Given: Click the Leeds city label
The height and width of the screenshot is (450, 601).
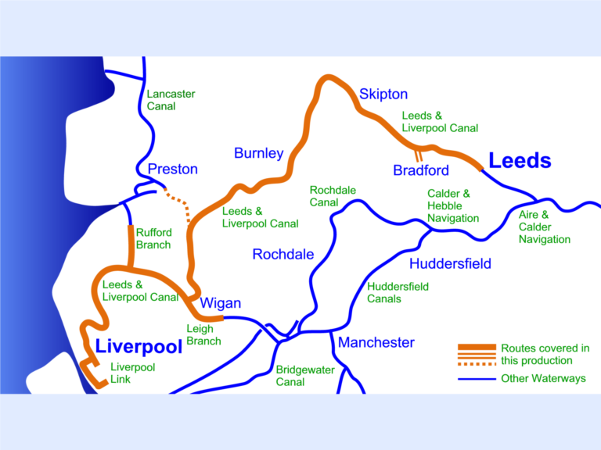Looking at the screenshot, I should pyautogui.click(x=520, y=161).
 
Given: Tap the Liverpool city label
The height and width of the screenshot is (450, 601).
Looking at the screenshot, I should pyautogui.click(x=138, y=346).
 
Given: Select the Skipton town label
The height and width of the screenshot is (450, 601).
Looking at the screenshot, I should pyautogui.click(x=383, y=95).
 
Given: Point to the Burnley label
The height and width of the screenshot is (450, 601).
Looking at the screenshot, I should pyautogui.click(x=258, y=153).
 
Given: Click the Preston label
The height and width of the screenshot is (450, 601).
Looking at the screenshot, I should pyautogui.click(x=172, y=169).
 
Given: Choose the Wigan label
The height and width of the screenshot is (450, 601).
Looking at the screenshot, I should pyautogui.click(x=221, y=303).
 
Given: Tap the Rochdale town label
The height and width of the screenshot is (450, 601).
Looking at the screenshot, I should pyautogui.click(x=283, y=254).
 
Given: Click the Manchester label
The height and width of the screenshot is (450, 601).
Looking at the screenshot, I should pyautogui.click(x=376, y=342).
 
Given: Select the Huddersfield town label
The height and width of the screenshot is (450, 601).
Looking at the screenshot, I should pyautogui.click(x=450, y=263).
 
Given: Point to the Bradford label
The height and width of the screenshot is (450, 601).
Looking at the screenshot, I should pyautogui.click(x=421, y=170).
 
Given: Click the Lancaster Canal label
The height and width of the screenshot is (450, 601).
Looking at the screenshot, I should pyautogui.click(x=171, y=100).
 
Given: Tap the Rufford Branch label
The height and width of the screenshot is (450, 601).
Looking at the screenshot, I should pyautogui.click(x=153, y=238).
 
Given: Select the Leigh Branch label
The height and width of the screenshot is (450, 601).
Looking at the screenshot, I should pyautogui.click(x=203, y=335).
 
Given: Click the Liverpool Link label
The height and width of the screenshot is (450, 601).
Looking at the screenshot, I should pyautogui.click(x=132, y=373).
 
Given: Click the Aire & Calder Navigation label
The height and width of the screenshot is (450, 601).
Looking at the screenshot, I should pyautogui.click(x=545, y=227).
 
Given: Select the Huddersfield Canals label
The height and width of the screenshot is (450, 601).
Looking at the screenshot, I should pyautogui.click(x=398, y=292).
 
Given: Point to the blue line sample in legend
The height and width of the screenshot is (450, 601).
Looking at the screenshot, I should pyautogui.click(x=477, y=379).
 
